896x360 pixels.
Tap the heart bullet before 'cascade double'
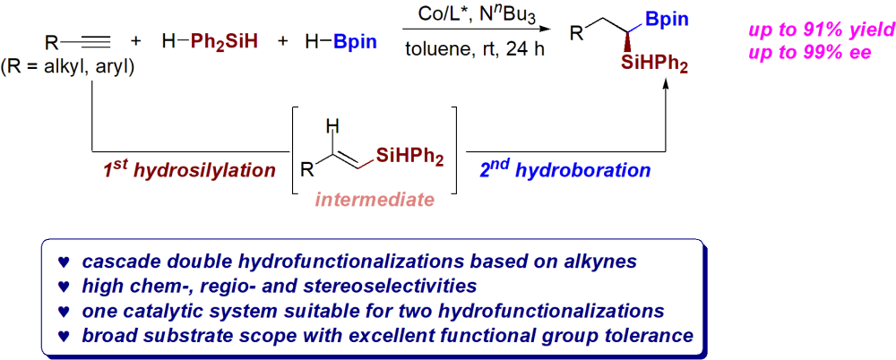[x=63, y=263]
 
